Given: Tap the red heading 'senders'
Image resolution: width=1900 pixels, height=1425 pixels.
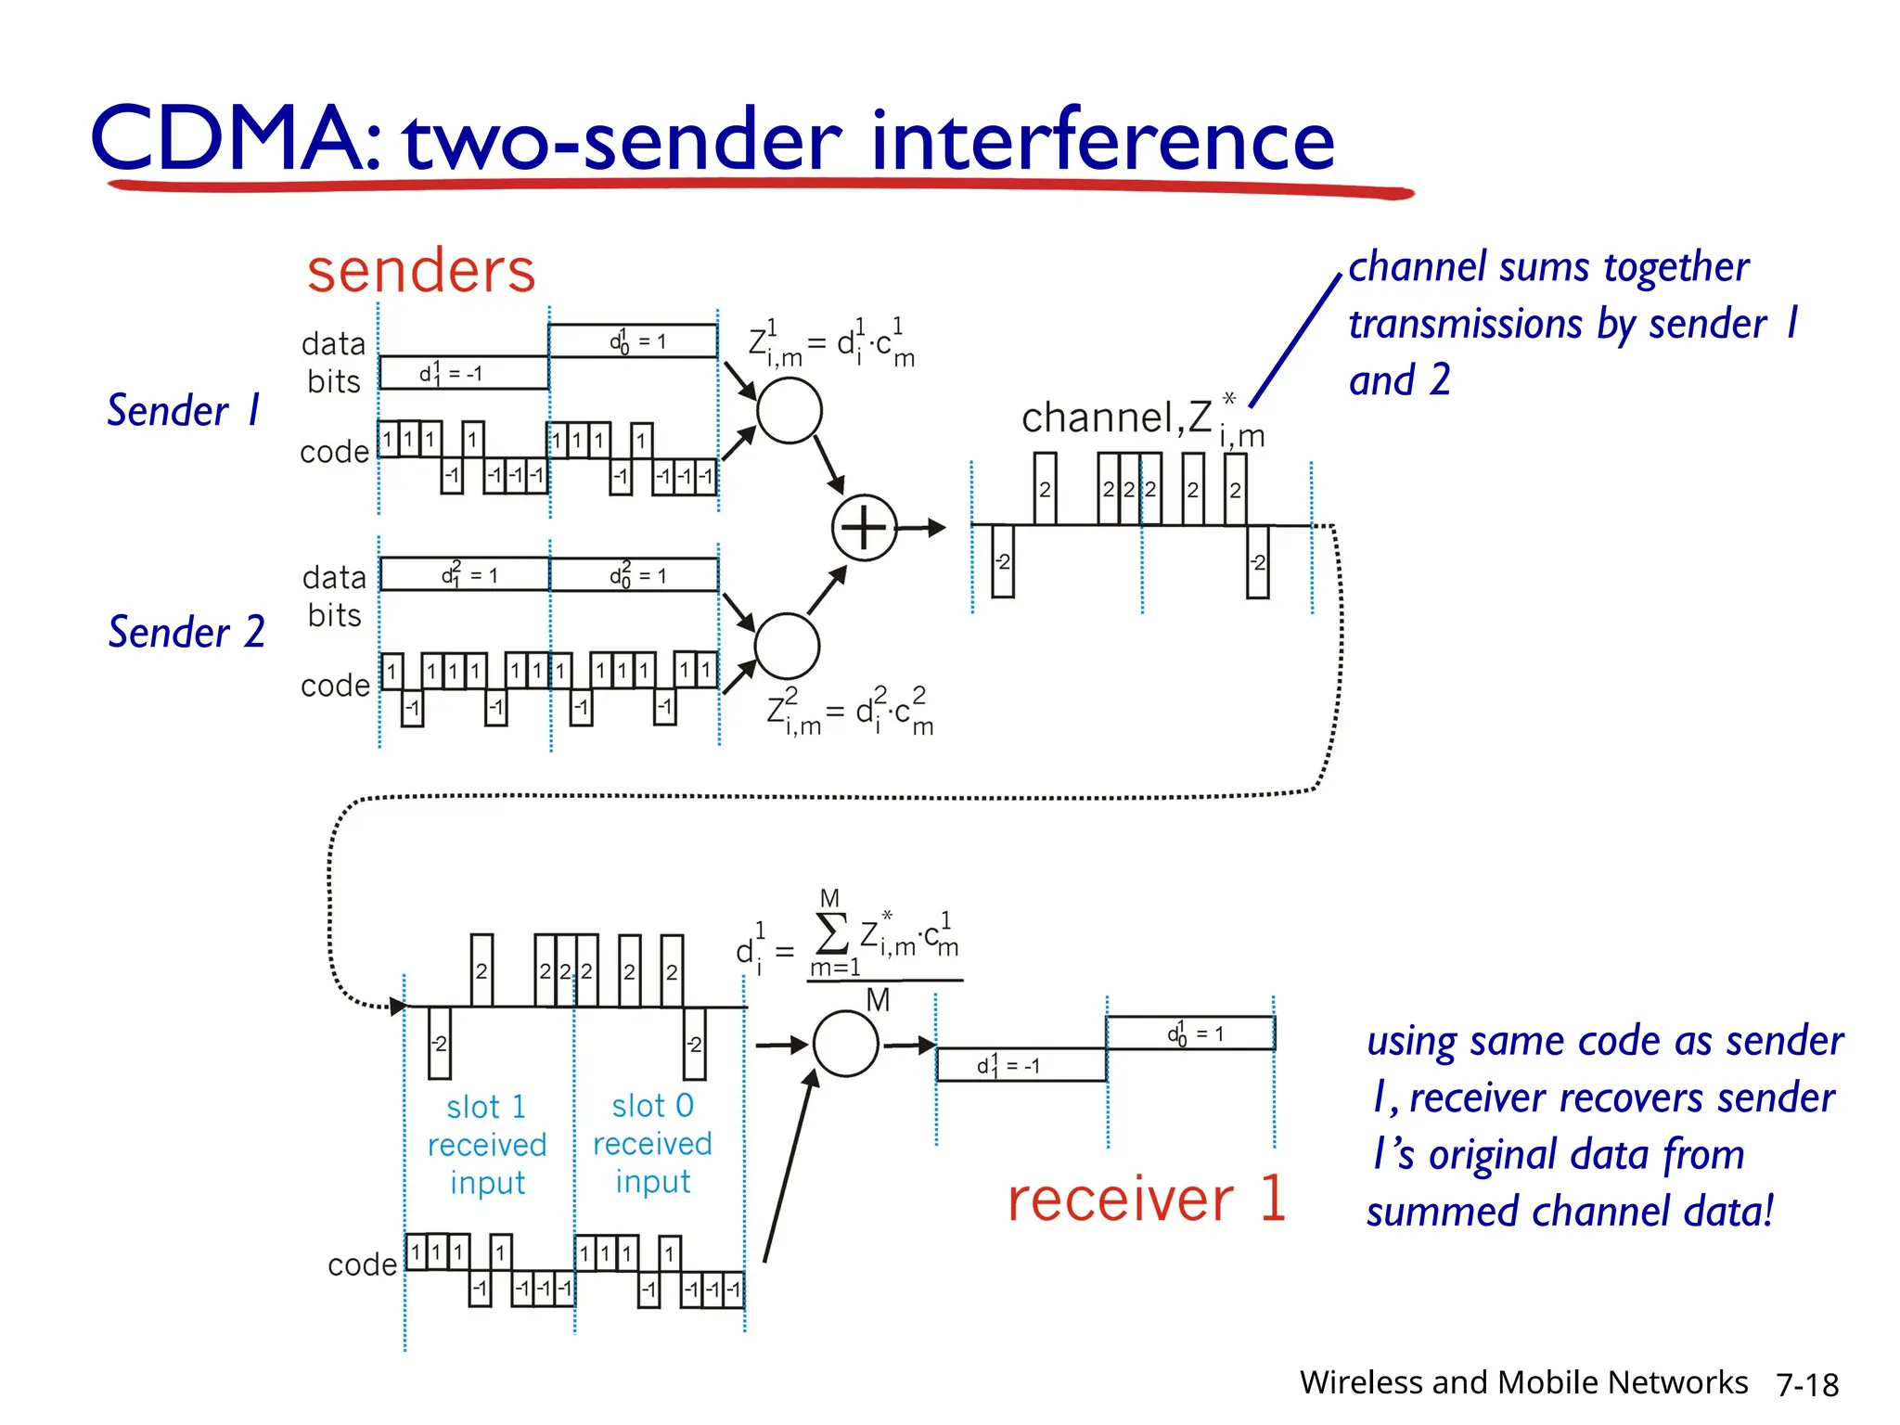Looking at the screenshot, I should pos(421,271).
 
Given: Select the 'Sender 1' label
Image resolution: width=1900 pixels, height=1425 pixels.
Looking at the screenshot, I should pos(184,410).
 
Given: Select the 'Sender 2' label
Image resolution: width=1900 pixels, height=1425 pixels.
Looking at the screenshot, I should pos(186,632).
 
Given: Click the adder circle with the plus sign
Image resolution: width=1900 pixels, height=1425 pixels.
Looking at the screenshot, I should pos(864,528).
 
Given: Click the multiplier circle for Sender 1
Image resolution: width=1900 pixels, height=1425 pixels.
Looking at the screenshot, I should pos(789,410).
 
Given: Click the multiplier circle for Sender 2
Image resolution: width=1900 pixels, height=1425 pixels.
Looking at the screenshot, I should pos(787,646).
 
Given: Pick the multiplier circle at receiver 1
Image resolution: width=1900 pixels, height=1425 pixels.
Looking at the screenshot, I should pos(845,1045).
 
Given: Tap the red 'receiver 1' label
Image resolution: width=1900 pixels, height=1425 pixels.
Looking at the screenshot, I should pos(1147,1199).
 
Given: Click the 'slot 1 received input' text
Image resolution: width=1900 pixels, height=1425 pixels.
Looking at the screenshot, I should pos(487,1144).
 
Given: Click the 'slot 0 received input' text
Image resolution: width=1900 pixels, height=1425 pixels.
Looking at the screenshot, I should pos(652,1143).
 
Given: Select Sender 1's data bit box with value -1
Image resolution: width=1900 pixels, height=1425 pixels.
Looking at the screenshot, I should pos(464,373).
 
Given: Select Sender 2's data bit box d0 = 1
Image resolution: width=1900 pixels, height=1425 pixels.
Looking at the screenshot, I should pos(635,575).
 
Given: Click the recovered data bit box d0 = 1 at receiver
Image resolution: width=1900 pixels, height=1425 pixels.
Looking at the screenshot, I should pos(1190,1033).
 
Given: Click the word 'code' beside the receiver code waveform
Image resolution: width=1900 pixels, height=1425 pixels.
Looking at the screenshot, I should pos(362,1265).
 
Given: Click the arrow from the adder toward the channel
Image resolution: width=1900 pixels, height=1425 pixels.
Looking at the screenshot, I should pos(922,528).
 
